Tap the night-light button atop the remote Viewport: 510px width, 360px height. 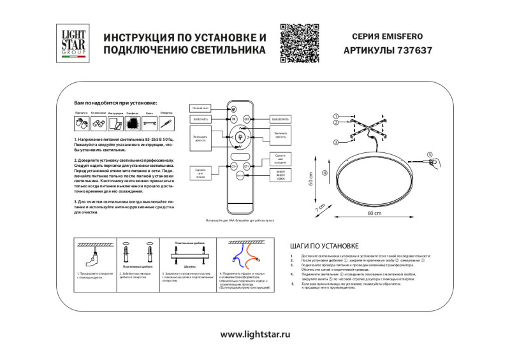pos(233,108)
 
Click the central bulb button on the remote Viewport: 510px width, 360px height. pos(240,136)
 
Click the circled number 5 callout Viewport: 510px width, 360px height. pos(429,155)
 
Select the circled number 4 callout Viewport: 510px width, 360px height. pos(324,173)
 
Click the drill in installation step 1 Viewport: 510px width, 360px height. pos(93,259)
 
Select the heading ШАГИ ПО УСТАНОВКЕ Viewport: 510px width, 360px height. pos(324,245)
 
